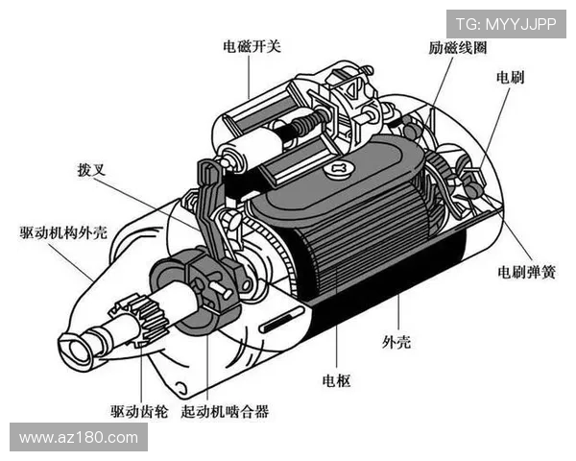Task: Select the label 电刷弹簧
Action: [x=525, y=272]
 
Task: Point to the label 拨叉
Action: [x=90, y=172]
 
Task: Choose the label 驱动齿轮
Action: [x=139, y=411]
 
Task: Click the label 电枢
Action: [x=337, y=379]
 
